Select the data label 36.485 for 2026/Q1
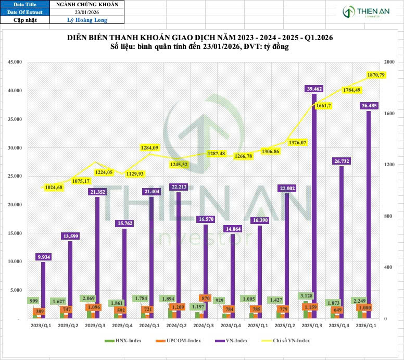coord(369,106)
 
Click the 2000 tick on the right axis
coord(388,62)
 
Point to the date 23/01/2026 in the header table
coord(87,13)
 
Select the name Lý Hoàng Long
coord(87,20)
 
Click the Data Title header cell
coord(25,4)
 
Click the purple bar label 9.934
coord(44,256)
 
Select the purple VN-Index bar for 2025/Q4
coord(342,245)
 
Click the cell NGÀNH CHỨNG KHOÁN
coord(87,4)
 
